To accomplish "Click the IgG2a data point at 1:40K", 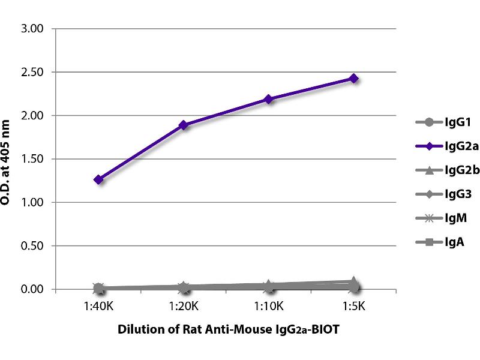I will pyautogui.click(x=99, y=179).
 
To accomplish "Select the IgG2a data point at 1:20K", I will pyautogui.click(x=184, y=125).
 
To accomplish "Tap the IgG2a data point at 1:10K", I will pyautogui.click(x=269, y=99).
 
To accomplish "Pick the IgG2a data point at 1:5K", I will pyautogui.click(x=354, y=78).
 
